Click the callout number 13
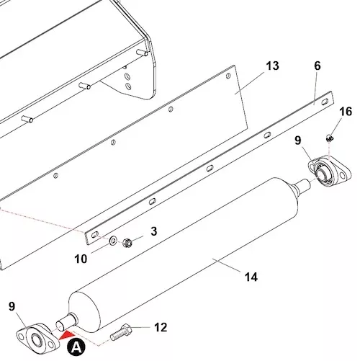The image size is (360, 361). click(272, 66)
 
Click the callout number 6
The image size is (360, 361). click(318, 66)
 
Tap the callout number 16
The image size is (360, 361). click(346, 112)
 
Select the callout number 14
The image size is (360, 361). click(251, 277)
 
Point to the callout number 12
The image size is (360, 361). click(161, 327)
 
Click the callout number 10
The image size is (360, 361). click(81, 259)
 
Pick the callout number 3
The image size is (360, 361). click(154, 231)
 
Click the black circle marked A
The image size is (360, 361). click(76, 347)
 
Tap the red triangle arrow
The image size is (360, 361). click(66, 335)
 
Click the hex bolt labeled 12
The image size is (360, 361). click(121, 332)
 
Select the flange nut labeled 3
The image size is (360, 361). click(127, 243)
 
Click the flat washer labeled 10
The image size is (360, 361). click(112, 241)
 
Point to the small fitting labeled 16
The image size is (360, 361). click(330, 138)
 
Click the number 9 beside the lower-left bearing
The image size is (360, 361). click(12, 306)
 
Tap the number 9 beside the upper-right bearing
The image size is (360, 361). click(297, 141)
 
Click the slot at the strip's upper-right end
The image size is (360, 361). click(324, 102)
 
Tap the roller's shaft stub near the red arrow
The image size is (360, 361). click(67, 322)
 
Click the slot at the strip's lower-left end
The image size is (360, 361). click(95, 234)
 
